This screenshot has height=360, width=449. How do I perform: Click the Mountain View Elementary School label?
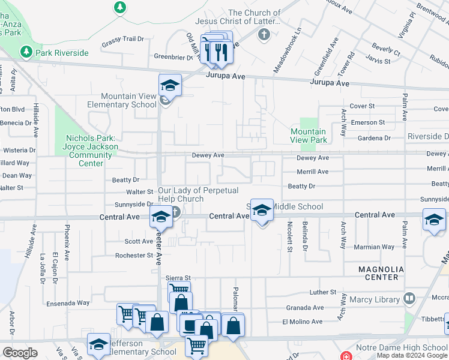click(122, 100)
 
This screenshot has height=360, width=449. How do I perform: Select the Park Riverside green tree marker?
click(26, 53)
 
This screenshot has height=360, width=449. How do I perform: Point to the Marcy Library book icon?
click(409, 298)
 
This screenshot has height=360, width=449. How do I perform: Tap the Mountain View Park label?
click(309, 136)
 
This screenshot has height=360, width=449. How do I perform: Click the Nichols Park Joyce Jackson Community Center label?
click(91, 150)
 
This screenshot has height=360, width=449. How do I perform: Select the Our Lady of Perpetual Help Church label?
click(198, 194)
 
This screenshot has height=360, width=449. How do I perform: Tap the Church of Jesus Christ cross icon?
click(264, 34)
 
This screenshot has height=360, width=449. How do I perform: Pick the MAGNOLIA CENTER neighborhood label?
click(378, 273)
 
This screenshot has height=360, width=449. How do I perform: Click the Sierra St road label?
click(178, 278)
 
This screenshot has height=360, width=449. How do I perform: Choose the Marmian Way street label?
click(374, 247)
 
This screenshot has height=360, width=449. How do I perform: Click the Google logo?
click(20, 352)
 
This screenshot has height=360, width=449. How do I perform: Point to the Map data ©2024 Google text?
click(411, 356)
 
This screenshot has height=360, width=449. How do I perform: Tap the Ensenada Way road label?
click(67, 303)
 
